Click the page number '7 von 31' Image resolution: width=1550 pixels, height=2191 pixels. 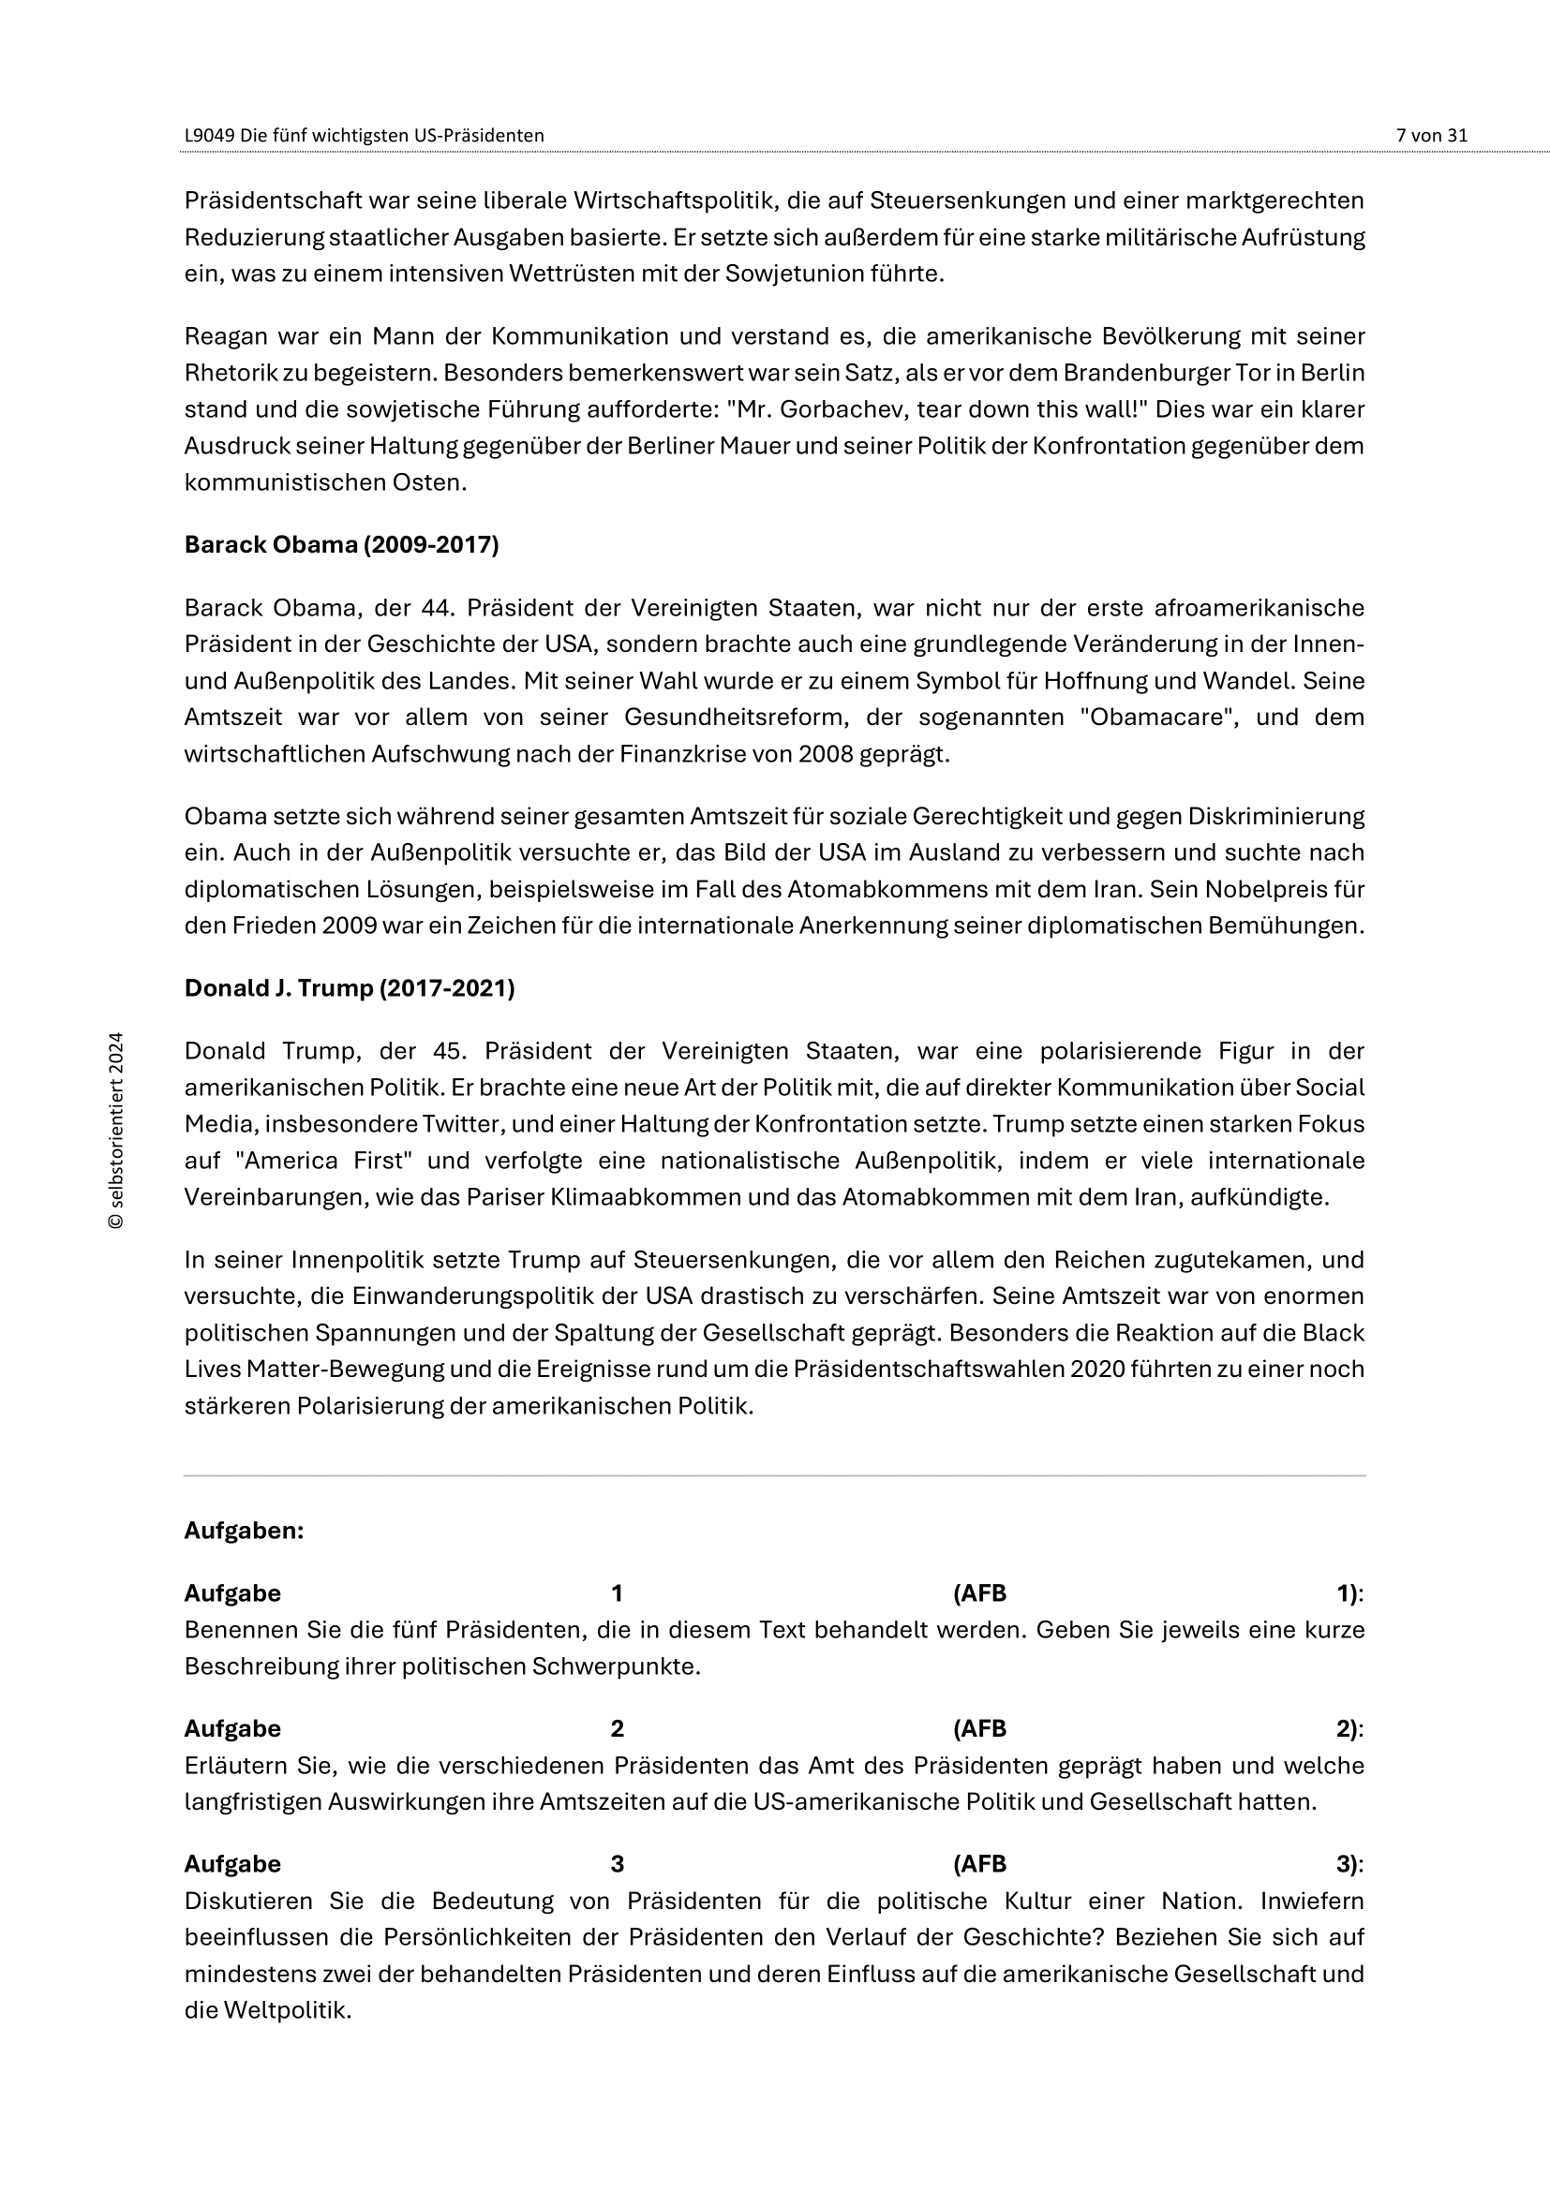pos(1431,136)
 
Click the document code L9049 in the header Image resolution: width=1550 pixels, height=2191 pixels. pos(209,136)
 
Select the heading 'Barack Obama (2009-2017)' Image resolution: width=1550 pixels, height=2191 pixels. pos(341,545)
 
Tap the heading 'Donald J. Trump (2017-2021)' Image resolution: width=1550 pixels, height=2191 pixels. pos(349,987)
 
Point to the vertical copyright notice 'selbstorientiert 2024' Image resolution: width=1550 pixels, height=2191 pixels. pos(116,1130)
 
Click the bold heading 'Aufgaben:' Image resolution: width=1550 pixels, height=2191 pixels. pos(244,1531)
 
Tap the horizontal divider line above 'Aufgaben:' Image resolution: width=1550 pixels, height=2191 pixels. pos(774,1476)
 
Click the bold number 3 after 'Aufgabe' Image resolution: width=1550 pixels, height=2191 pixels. pos(617,1864)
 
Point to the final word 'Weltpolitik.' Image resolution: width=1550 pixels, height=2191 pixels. pos(288,2010)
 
